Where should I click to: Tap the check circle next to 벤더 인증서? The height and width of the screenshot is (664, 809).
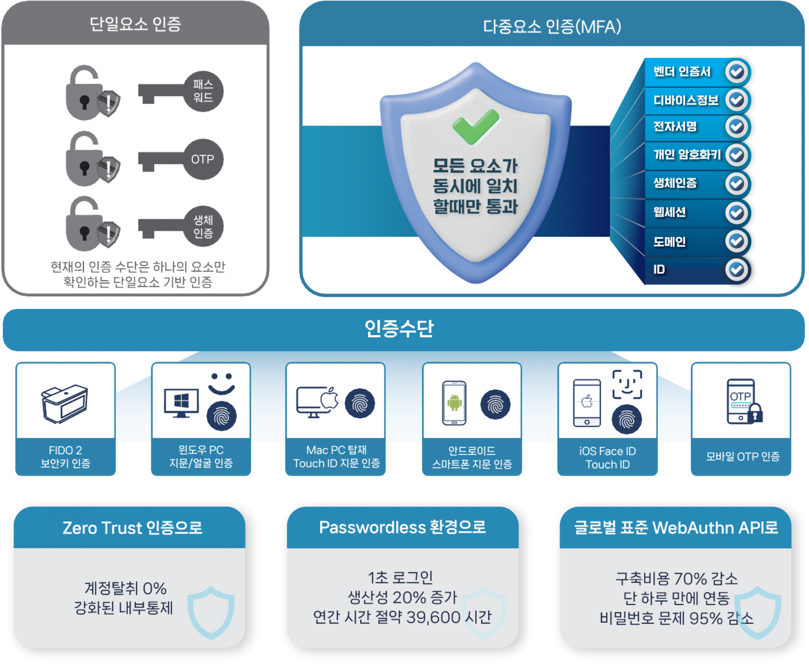pos(736,72)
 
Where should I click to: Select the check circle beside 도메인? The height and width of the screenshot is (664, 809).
pos(736,242)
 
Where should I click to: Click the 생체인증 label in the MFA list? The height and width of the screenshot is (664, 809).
pos(675,183)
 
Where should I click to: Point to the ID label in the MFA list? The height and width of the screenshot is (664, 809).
pos(659,269)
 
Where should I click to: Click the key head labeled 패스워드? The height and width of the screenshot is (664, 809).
pos(203,91)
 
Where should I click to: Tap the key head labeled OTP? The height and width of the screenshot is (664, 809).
pos(203,159)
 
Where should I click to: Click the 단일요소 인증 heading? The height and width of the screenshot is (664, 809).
pos(135,24)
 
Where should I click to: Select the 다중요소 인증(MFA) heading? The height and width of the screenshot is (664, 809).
pos(552,27)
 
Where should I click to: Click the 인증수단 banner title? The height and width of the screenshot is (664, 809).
pos(399,328)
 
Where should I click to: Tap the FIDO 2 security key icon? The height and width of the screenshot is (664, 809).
pos(64,403)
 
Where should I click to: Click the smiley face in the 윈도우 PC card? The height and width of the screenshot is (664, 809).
pos(222,383)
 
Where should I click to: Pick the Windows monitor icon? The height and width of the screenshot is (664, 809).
pos(181,403)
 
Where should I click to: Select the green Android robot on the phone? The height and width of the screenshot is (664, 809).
pos(454,402)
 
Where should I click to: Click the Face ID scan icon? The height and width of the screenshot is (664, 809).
pos(627,384)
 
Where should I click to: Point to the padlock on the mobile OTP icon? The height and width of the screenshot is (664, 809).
pos(755,414)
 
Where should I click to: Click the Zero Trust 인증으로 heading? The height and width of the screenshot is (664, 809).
pos(132,528)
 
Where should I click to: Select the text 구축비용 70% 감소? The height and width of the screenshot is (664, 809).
pos(676,579)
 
